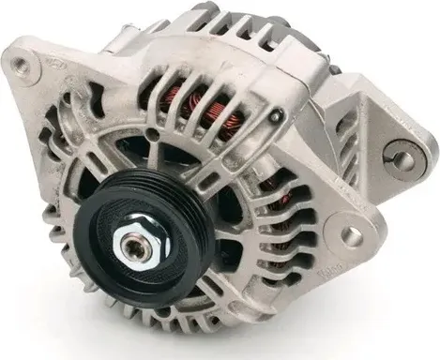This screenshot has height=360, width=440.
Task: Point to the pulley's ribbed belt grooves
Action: pyautogui.click(x=188, y=234)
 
